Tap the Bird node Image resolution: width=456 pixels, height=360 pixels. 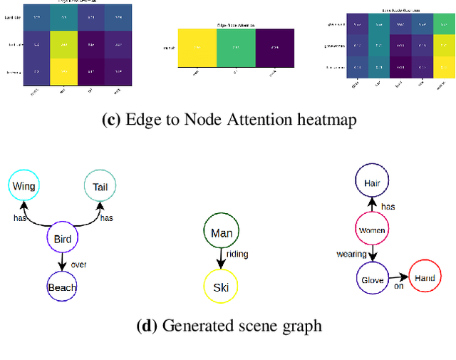(x=62, y=240)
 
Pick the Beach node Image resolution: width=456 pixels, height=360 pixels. (x=62, y=287)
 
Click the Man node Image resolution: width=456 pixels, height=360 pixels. (x=222, y=232)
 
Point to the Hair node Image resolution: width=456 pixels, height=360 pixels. (x=372, y=183)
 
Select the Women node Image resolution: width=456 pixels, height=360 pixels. (x=372, y=230)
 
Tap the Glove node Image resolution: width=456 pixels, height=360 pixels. (x=372, y=279)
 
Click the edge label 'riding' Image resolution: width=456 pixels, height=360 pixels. (x=237, y=253)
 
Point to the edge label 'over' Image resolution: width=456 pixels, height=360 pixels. (x=78, y=264)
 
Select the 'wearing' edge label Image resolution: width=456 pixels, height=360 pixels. (x=351, y=254)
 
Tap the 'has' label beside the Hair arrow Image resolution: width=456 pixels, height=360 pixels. (x=388, y=207)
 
